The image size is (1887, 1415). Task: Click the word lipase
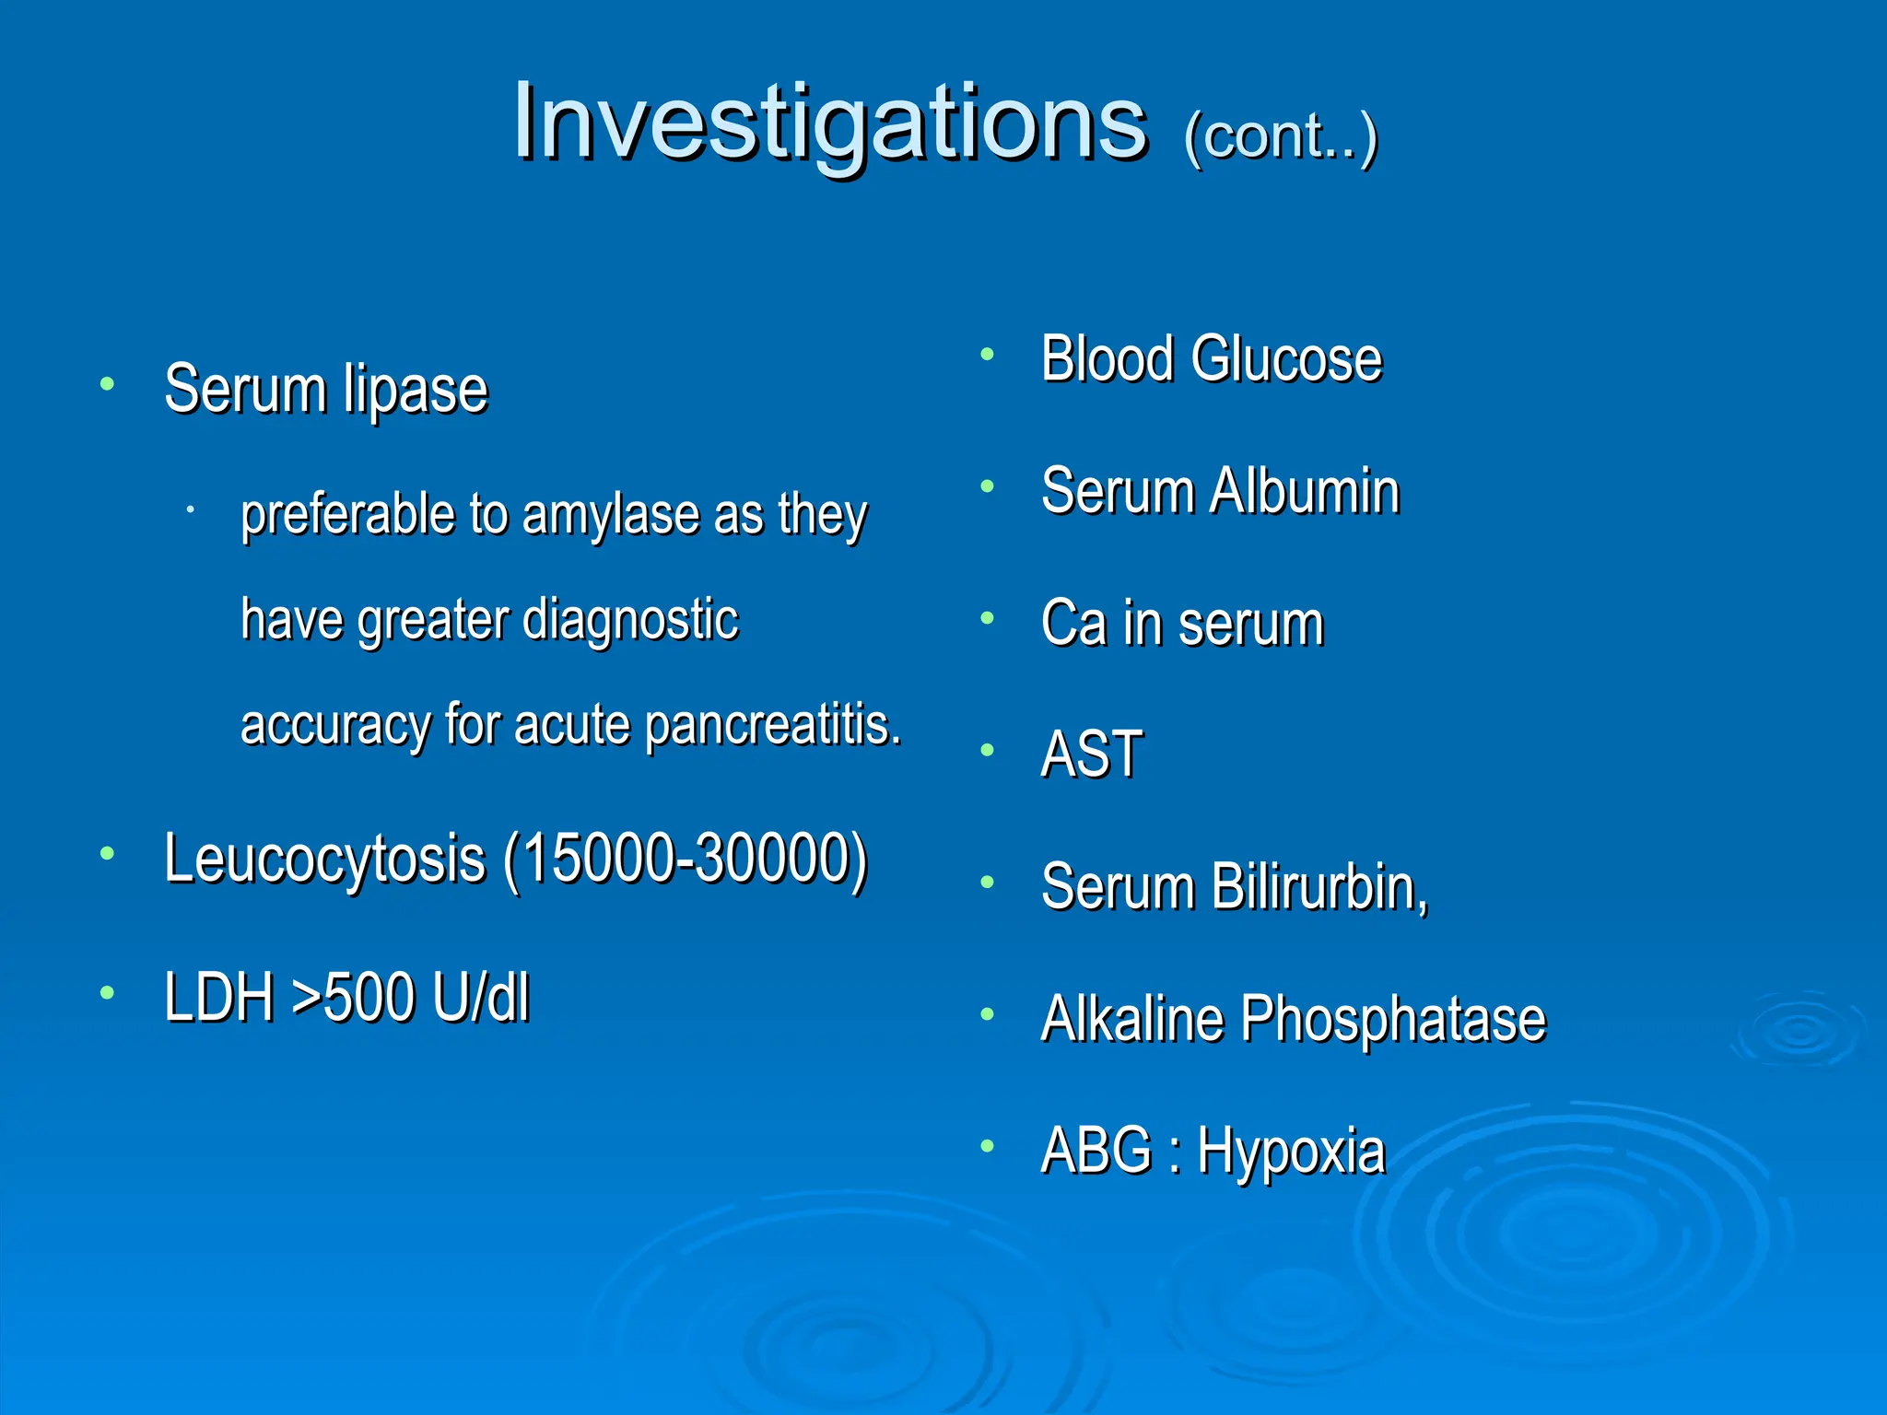pos(415,391)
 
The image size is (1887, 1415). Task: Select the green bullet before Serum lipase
pos(108,383)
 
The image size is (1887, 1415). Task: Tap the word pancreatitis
pos(772,725)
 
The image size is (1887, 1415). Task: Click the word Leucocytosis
pos(324,859)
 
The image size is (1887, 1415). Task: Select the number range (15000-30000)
pos(686,859)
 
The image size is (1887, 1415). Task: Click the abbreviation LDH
pos(219,997)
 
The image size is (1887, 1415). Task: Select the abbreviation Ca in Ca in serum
pos(1073,623)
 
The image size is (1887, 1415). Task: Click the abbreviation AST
pos(1092,754)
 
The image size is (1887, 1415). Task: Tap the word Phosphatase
pos(1392,1019)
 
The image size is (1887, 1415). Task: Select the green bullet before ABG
pos(987,1146)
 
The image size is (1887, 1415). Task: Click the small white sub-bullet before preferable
pos(189,509)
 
